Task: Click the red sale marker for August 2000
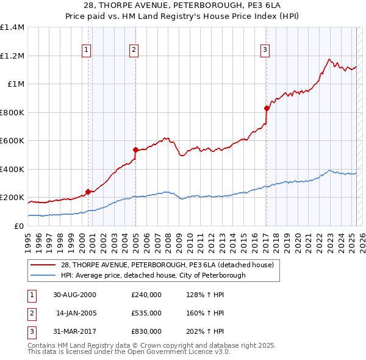pos(88,192)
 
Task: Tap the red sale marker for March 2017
pos(267,108)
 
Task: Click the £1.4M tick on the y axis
pos(12,27)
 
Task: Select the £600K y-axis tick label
pos(12,141)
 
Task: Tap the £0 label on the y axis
pos(18,226)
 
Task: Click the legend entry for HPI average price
pos(152,275)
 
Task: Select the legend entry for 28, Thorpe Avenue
pos(171,265)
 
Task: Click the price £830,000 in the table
pos(146,331)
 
